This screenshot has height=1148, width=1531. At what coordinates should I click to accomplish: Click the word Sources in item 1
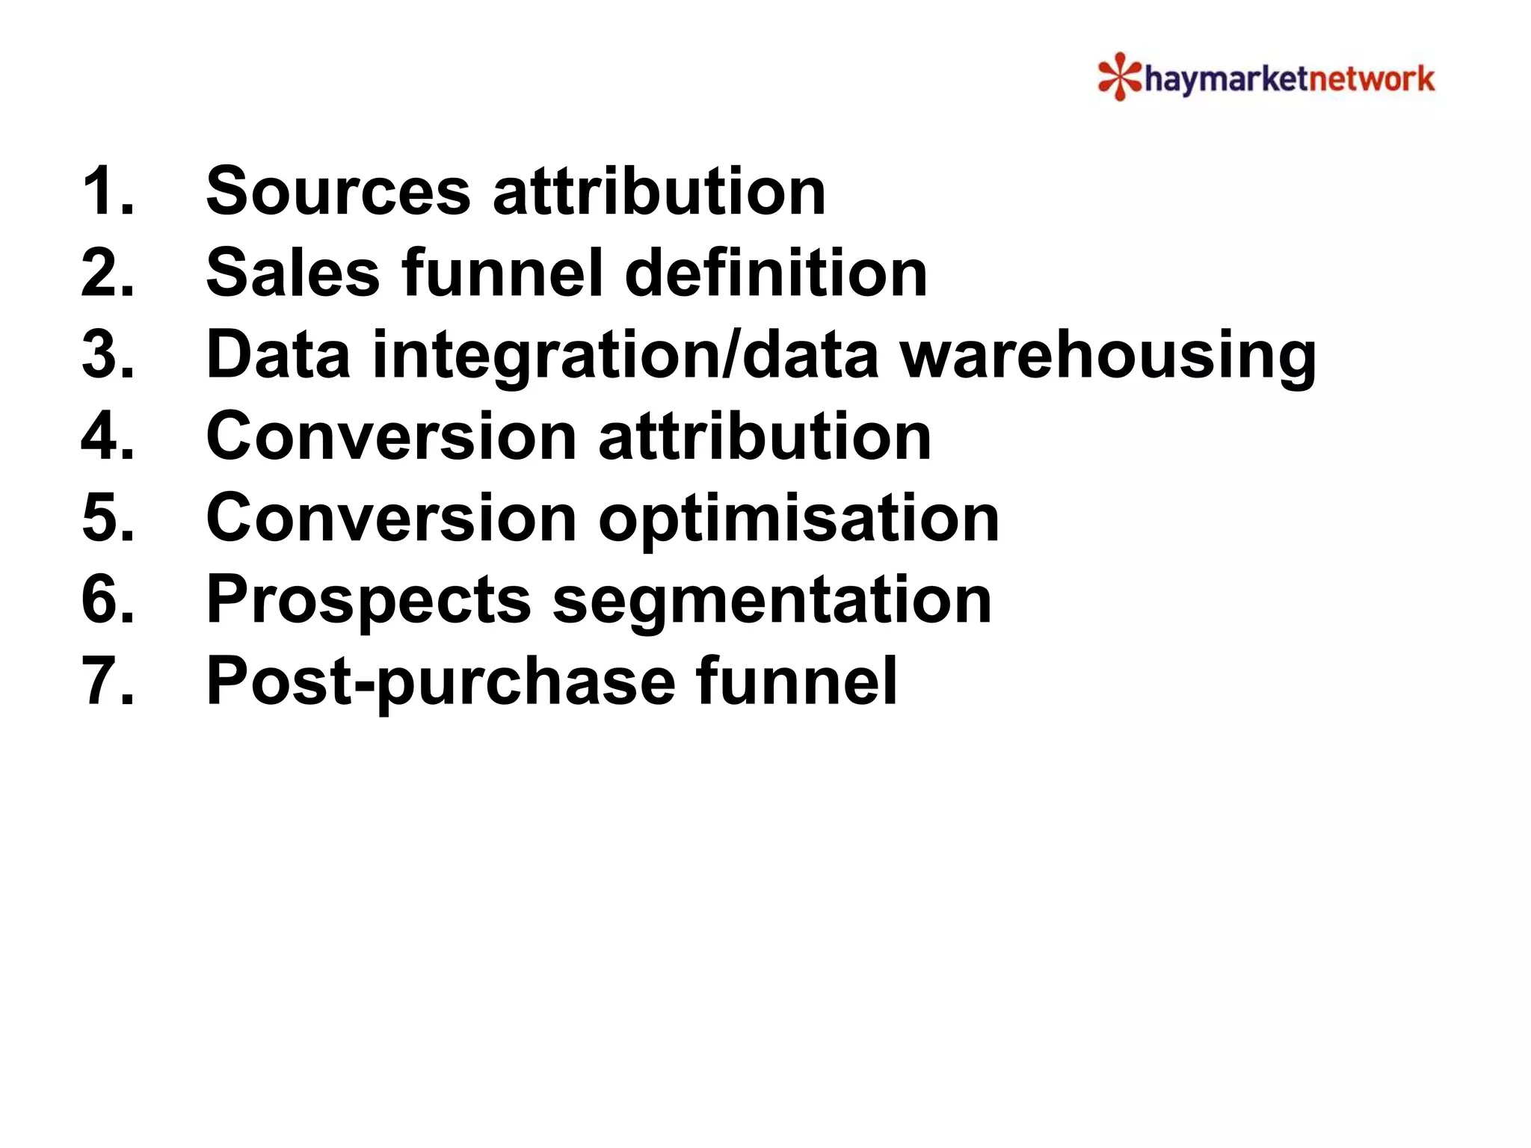(338, 191)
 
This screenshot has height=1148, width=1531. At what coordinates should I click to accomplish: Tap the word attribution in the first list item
(659, 191)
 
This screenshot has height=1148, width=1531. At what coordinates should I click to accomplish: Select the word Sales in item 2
(293, 273)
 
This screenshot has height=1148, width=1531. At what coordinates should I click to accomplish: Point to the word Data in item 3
(278, 355)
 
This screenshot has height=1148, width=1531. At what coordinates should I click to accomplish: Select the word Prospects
(369, 601)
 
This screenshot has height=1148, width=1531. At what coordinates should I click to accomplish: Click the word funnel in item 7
(796, 681)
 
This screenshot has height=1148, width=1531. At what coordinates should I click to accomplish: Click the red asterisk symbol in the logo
(1119, 76)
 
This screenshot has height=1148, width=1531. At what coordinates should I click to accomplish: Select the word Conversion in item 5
(391, 518)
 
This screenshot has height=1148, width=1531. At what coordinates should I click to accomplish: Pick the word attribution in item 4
(765, 436)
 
